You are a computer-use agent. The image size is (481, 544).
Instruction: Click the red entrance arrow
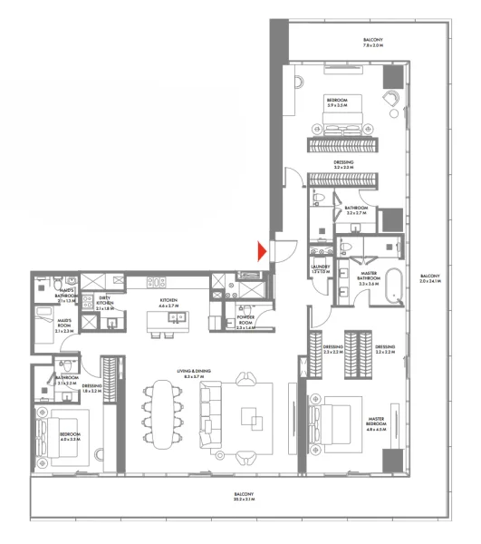[262, 251]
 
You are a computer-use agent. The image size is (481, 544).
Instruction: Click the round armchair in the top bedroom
[390, 102]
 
